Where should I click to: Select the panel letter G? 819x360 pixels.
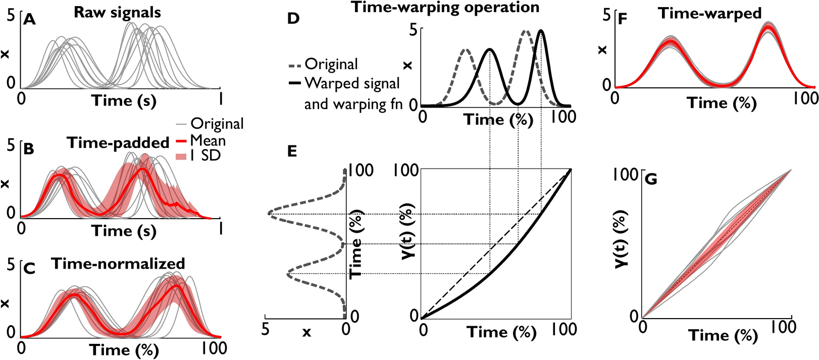click(651, 179)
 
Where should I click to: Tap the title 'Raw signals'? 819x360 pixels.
click(117, 13)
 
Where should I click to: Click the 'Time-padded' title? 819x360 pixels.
click(118, 143)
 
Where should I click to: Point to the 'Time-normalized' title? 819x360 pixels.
click(118, 264)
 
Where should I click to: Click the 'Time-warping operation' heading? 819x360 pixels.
click(445, 8)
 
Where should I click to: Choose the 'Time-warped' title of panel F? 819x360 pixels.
click(709, 14)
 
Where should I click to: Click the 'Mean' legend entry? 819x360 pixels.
click(208, 140)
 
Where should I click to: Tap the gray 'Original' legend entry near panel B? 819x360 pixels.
click(217, 124)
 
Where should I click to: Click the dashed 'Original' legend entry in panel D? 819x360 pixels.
click(331, 65)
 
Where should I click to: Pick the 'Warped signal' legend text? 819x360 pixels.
click(352, 83)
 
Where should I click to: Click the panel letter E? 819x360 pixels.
click(292, 151)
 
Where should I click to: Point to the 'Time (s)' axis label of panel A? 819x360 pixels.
click(124, 100)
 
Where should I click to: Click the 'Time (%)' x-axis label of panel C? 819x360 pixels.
click(124, 349)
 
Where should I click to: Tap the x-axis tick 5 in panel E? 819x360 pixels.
click(265, 330)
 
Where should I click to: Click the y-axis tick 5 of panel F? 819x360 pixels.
click(606, 15)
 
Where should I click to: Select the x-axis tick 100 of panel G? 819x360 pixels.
click(783, 328)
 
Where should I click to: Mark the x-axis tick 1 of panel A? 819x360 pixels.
click(220, 96)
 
